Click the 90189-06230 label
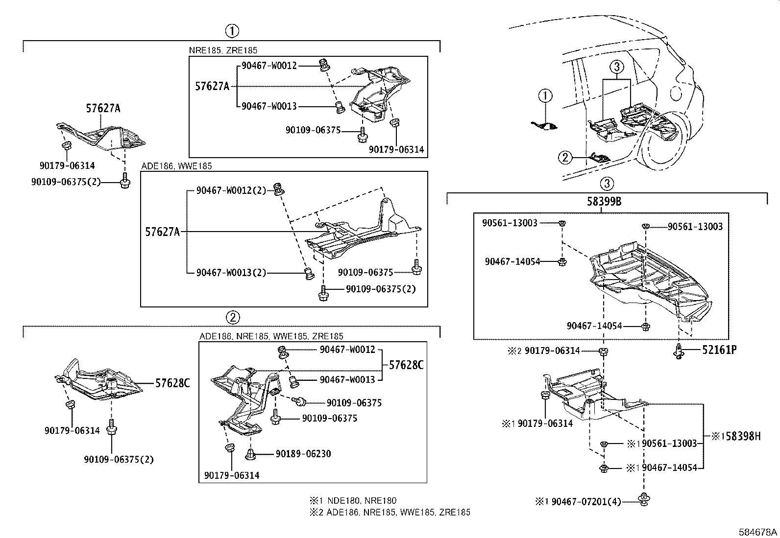(303, 454)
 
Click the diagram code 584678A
(757, 532)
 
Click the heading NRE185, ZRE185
(223, 50)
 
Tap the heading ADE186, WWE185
(176, 166)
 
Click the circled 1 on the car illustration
(545, 96)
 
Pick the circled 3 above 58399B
(606, 184)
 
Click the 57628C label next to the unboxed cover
(172, 383)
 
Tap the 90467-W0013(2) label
(231, 273)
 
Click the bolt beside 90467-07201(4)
(642, 500)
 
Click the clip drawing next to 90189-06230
(251, 454)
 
